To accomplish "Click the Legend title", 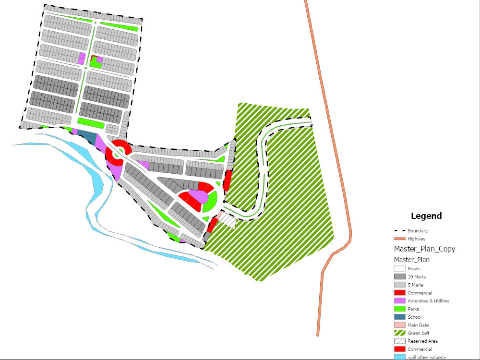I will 426,216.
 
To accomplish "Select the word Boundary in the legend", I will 417,231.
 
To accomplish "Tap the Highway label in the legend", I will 416,239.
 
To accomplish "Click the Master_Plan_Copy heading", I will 424,249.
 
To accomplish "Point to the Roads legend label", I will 414,269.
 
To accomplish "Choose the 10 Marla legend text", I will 416,277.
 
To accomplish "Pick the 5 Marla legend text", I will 415,285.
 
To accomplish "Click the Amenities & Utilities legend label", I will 428,301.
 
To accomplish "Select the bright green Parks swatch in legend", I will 399,309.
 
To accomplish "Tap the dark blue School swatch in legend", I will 399,317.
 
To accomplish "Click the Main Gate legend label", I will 418,325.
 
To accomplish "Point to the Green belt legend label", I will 419,333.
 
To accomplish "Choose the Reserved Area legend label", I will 422,341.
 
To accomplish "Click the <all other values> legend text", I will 427,357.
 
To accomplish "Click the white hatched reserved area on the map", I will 228,221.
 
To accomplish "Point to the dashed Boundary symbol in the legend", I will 399,231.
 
